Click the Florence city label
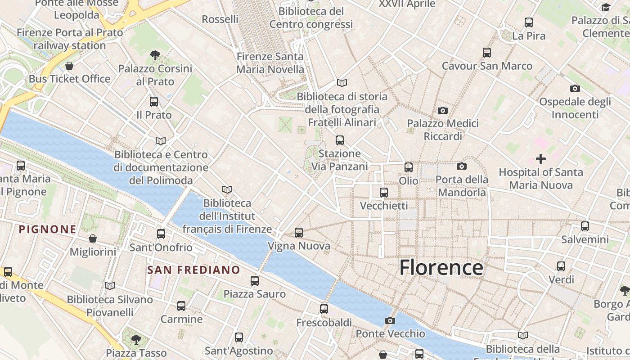[x=441, y=267]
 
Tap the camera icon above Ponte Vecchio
[x=390, y=320]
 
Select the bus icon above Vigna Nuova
[x=299, y=233]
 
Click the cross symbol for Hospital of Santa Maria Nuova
[x=541, y=159]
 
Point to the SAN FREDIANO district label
[x=194, y=270]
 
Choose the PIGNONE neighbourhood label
[x=48, y=229]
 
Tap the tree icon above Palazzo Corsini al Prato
[x=155, y=55]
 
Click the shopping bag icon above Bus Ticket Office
[x=69, y=66]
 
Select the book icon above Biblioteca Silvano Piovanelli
[x=110, y=286]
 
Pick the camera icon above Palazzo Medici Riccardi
[x=443, y=110]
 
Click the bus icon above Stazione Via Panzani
[x=340, y=140]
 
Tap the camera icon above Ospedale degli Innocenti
[x=575, y=88]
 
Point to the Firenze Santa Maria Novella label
[x=270, y=63]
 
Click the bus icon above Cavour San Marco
[x=487, y=53]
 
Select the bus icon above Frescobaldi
[x=324, y=309]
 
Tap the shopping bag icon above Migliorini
[x=93, y=238]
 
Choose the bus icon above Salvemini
[x=585, y=226]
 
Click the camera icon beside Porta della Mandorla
[x=462, y=166]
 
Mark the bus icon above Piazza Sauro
[x=255, y=281]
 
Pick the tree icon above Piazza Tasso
[x=136, y=339]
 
